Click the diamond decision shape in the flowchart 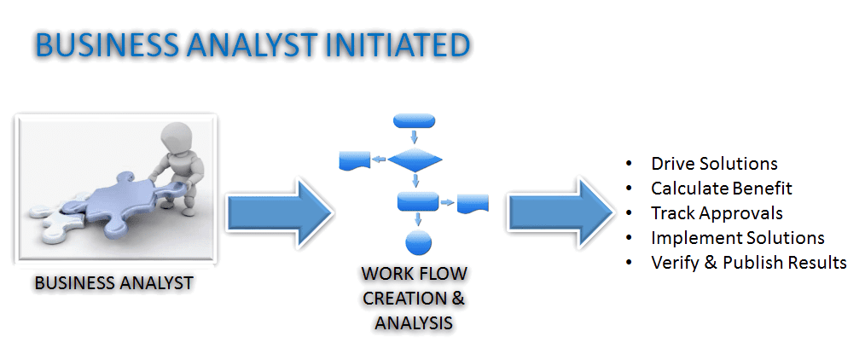416,159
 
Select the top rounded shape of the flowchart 416,119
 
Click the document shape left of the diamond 353,160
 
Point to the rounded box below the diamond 417,201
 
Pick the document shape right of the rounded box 472,203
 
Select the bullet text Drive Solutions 713,163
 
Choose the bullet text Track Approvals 716,212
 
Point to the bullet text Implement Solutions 737,237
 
